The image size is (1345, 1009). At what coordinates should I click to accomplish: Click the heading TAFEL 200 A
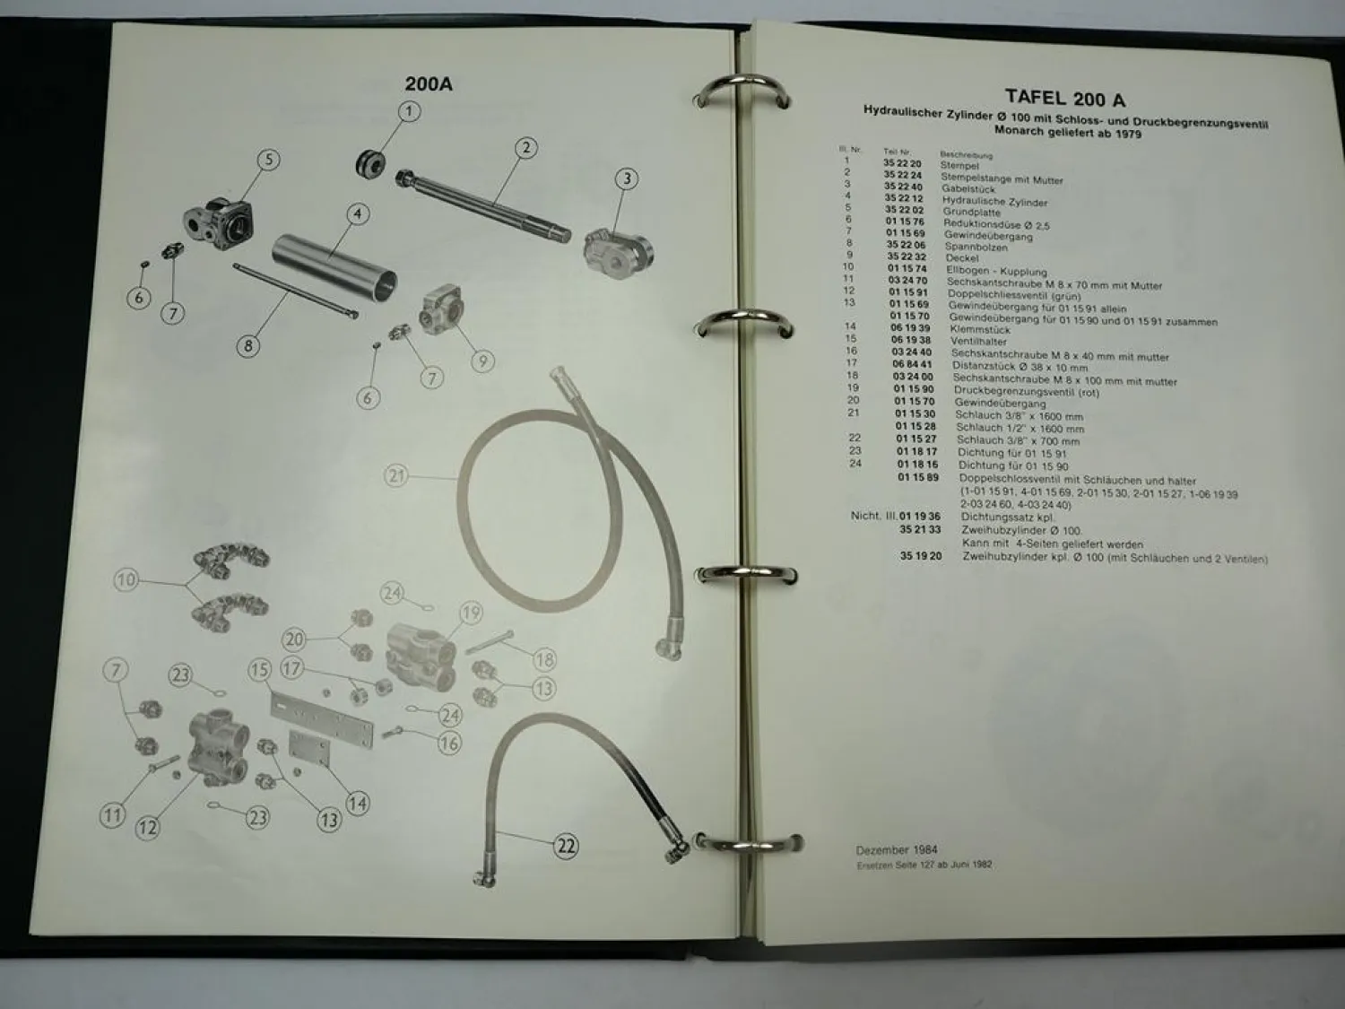1065,99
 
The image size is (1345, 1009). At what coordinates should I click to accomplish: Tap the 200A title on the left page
429,84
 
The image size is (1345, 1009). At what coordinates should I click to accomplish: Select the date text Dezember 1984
898,849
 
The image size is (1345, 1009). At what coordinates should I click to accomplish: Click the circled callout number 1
409,112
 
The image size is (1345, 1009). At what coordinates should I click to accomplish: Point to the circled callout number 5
268,161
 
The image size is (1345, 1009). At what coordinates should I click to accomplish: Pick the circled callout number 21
397,475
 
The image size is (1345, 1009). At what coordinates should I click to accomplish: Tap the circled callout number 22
565,846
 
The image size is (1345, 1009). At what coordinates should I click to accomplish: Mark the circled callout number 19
471,613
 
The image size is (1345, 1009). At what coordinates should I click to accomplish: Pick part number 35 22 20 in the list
902,164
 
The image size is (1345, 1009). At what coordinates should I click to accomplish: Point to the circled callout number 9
482,361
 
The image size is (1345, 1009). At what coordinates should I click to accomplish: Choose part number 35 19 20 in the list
921,556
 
